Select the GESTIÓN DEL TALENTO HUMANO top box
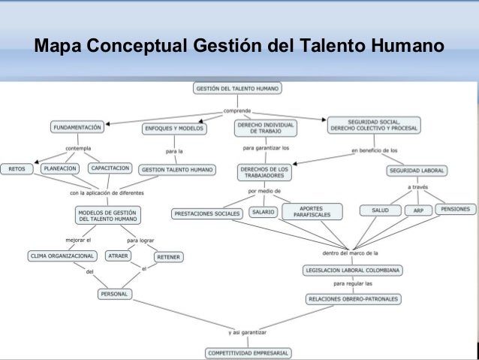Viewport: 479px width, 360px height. click(237, 89)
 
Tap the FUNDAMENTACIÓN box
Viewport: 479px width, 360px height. click(78, 128)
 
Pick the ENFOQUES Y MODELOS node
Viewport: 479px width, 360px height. click(173, 129)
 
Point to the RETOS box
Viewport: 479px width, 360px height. click(17, 168)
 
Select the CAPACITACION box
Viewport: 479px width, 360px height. click(110, 168)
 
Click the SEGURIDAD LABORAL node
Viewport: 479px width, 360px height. click(417, 171)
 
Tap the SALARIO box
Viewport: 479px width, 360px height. click(263, 213)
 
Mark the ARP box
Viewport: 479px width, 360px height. click(418, 210)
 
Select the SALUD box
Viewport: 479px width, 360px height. click(380, 210)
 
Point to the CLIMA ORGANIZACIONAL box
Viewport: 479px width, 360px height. click(62, 256)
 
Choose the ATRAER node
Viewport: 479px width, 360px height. click(119, 256)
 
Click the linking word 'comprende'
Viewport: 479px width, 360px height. click(236, 110)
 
